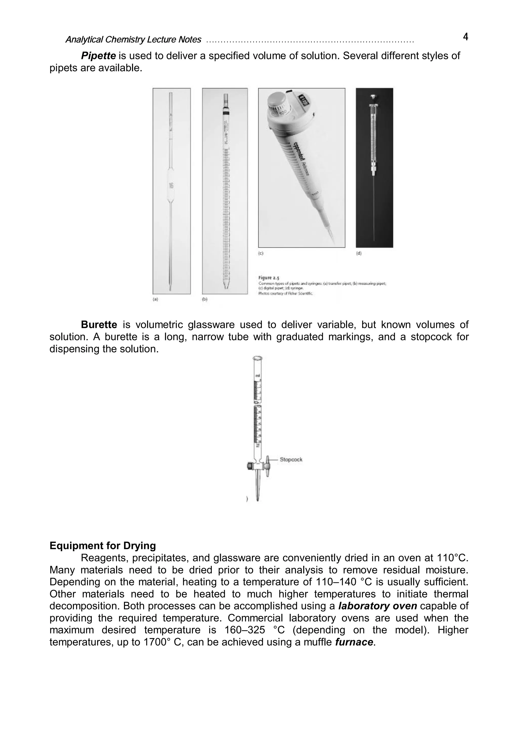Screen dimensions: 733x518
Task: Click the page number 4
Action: point(465,37)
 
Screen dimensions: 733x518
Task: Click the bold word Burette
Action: point(99,325)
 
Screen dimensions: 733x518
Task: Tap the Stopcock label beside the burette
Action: point(291,460)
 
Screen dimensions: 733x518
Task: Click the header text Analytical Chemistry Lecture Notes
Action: point(133,39)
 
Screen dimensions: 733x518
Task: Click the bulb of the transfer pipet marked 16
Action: point(171,185)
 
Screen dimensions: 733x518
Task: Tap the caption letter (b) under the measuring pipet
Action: point(205,300)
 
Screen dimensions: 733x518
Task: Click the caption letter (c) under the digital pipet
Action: point(261,253)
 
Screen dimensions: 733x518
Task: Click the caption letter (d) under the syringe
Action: point(359,253)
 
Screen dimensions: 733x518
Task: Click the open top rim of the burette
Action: point(257,359)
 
